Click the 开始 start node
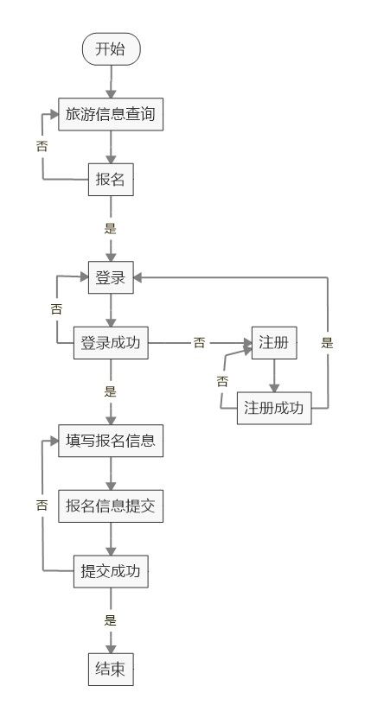(111, 49)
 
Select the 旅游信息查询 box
(111, 114)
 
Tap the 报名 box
(111, 180)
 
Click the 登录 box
(111, 277)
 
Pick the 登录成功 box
(111, 343)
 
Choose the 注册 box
(274, 343)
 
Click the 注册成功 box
(274, 408)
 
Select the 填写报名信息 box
(111, 441)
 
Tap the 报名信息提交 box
(111, 506)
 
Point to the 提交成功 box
(111, 571)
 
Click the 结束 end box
(111, 670)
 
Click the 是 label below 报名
(111, 228)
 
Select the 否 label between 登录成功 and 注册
(199, 342)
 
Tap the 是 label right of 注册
(327, 343)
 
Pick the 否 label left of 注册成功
(222, 381)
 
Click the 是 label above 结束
(111, 620)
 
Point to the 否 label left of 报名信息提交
(42, 505)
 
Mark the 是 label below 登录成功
(111, 392)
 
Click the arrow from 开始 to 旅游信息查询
(111, 81)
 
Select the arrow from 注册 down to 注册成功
(274, 376)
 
